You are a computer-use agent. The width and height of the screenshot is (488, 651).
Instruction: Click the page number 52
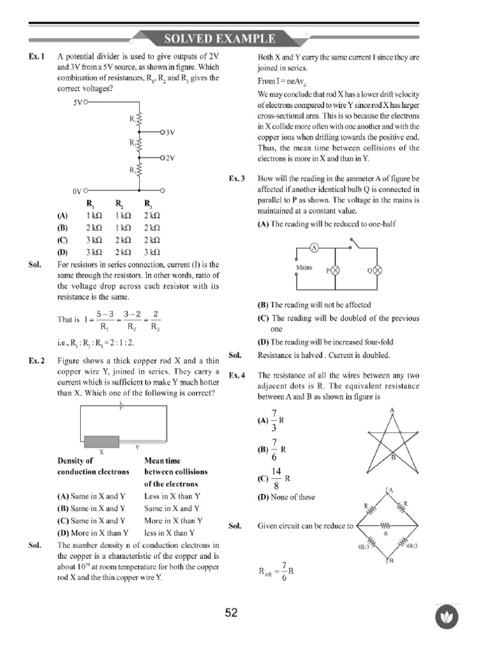click(x=231, y=613)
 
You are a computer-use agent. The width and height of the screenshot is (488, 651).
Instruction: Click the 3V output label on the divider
click(x=168, y=132)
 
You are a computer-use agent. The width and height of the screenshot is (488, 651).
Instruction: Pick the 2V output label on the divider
click(x=168, y=156)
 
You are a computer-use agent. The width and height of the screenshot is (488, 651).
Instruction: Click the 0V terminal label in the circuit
click(x=76, y=190)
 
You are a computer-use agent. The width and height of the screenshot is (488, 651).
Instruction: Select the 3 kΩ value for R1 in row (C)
click(x=93, y=240)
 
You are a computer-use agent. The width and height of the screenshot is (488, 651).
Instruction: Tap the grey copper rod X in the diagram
click(x=102, y=442)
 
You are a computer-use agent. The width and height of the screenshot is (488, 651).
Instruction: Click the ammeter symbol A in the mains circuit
click(x=313, y=247)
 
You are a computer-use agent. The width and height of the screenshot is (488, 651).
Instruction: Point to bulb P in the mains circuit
click(x=335, y=270)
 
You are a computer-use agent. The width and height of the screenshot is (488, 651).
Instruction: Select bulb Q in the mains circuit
click(x=376, y=270)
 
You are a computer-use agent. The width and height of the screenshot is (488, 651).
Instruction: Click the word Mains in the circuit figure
click(x=305, y=268)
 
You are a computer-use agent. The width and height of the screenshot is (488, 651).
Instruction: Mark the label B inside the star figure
click(x=393, y=457)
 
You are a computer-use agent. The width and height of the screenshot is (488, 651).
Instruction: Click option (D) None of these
click(x=286, y=497)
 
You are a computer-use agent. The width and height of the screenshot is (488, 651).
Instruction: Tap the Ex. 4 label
click(x=237, y=375)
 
